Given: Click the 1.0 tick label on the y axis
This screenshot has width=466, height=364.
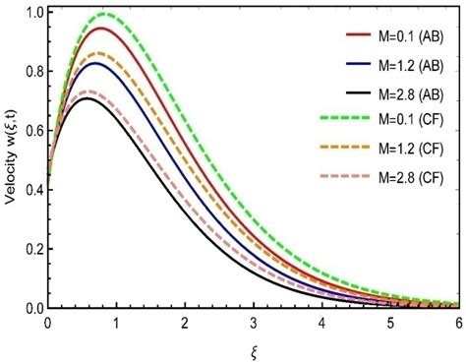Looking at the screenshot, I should pyautogui.click(x=33, y=13).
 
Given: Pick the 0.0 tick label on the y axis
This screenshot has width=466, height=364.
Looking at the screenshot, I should pyautogui.click(x=33, y=308).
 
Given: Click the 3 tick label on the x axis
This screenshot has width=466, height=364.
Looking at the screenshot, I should pyautogui.click(x=255, y=322).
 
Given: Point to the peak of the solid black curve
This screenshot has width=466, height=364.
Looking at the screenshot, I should pyautogui.click(x=88, y=98).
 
